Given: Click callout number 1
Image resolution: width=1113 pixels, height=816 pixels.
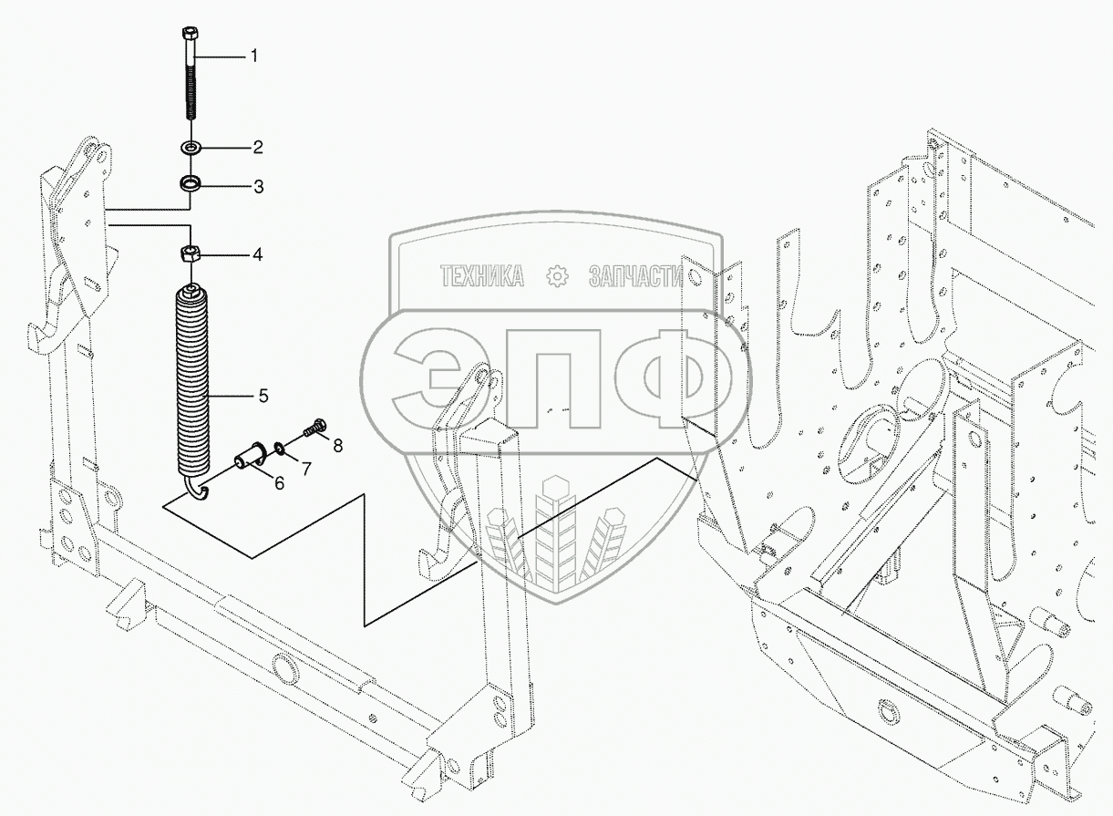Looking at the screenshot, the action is (254, 56).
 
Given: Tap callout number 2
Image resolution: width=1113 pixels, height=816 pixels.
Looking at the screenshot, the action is (257, 147).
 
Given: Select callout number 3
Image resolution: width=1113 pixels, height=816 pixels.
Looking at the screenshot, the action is (258, 187).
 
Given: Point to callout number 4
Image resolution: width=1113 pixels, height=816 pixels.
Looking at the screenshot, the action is (257, 255).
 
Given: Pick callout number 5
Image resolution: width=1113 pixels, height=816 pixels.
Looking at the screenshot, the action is (263, 396).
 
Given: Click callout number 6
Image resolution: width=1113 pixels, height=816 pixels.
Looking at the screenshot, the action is (279, 482).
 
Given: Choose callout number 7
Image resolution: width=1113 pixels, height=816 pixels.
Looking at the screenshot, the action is (306, 468).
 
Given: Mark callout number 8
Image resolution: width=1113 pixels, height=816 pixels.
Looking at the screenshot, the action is (338, 446).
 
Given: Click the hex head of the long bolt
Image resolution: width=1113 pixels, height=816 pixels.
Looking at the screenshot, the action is (191, 35).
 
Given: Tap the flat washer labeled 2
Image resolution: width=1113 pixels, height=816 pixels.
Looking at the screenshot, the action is (191, 147).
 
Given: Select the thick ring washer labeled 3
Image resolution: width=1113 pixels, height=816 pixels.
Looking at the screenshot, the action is (191, 184).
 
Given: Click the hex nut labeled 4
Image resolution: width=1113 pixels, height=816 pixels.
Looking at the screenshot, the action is (191, 254).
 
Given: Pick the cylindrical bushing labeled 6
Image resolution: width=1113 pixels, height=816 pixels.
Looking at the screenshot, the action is (251, 455).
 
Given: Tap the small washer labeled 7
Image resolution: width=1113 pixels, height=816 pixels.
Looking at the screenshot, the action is (280, 448).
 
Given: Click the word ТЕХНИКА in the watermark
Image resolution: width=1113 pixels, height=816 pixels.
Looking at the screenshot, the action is (482, 276).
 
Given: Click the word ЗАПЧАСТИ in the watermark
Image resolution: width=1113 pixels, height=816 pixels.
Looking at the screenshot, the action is (635, 276).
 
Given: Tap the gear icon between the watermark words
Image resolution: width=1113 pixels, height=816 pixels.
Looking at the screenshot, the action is (556, 276).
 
